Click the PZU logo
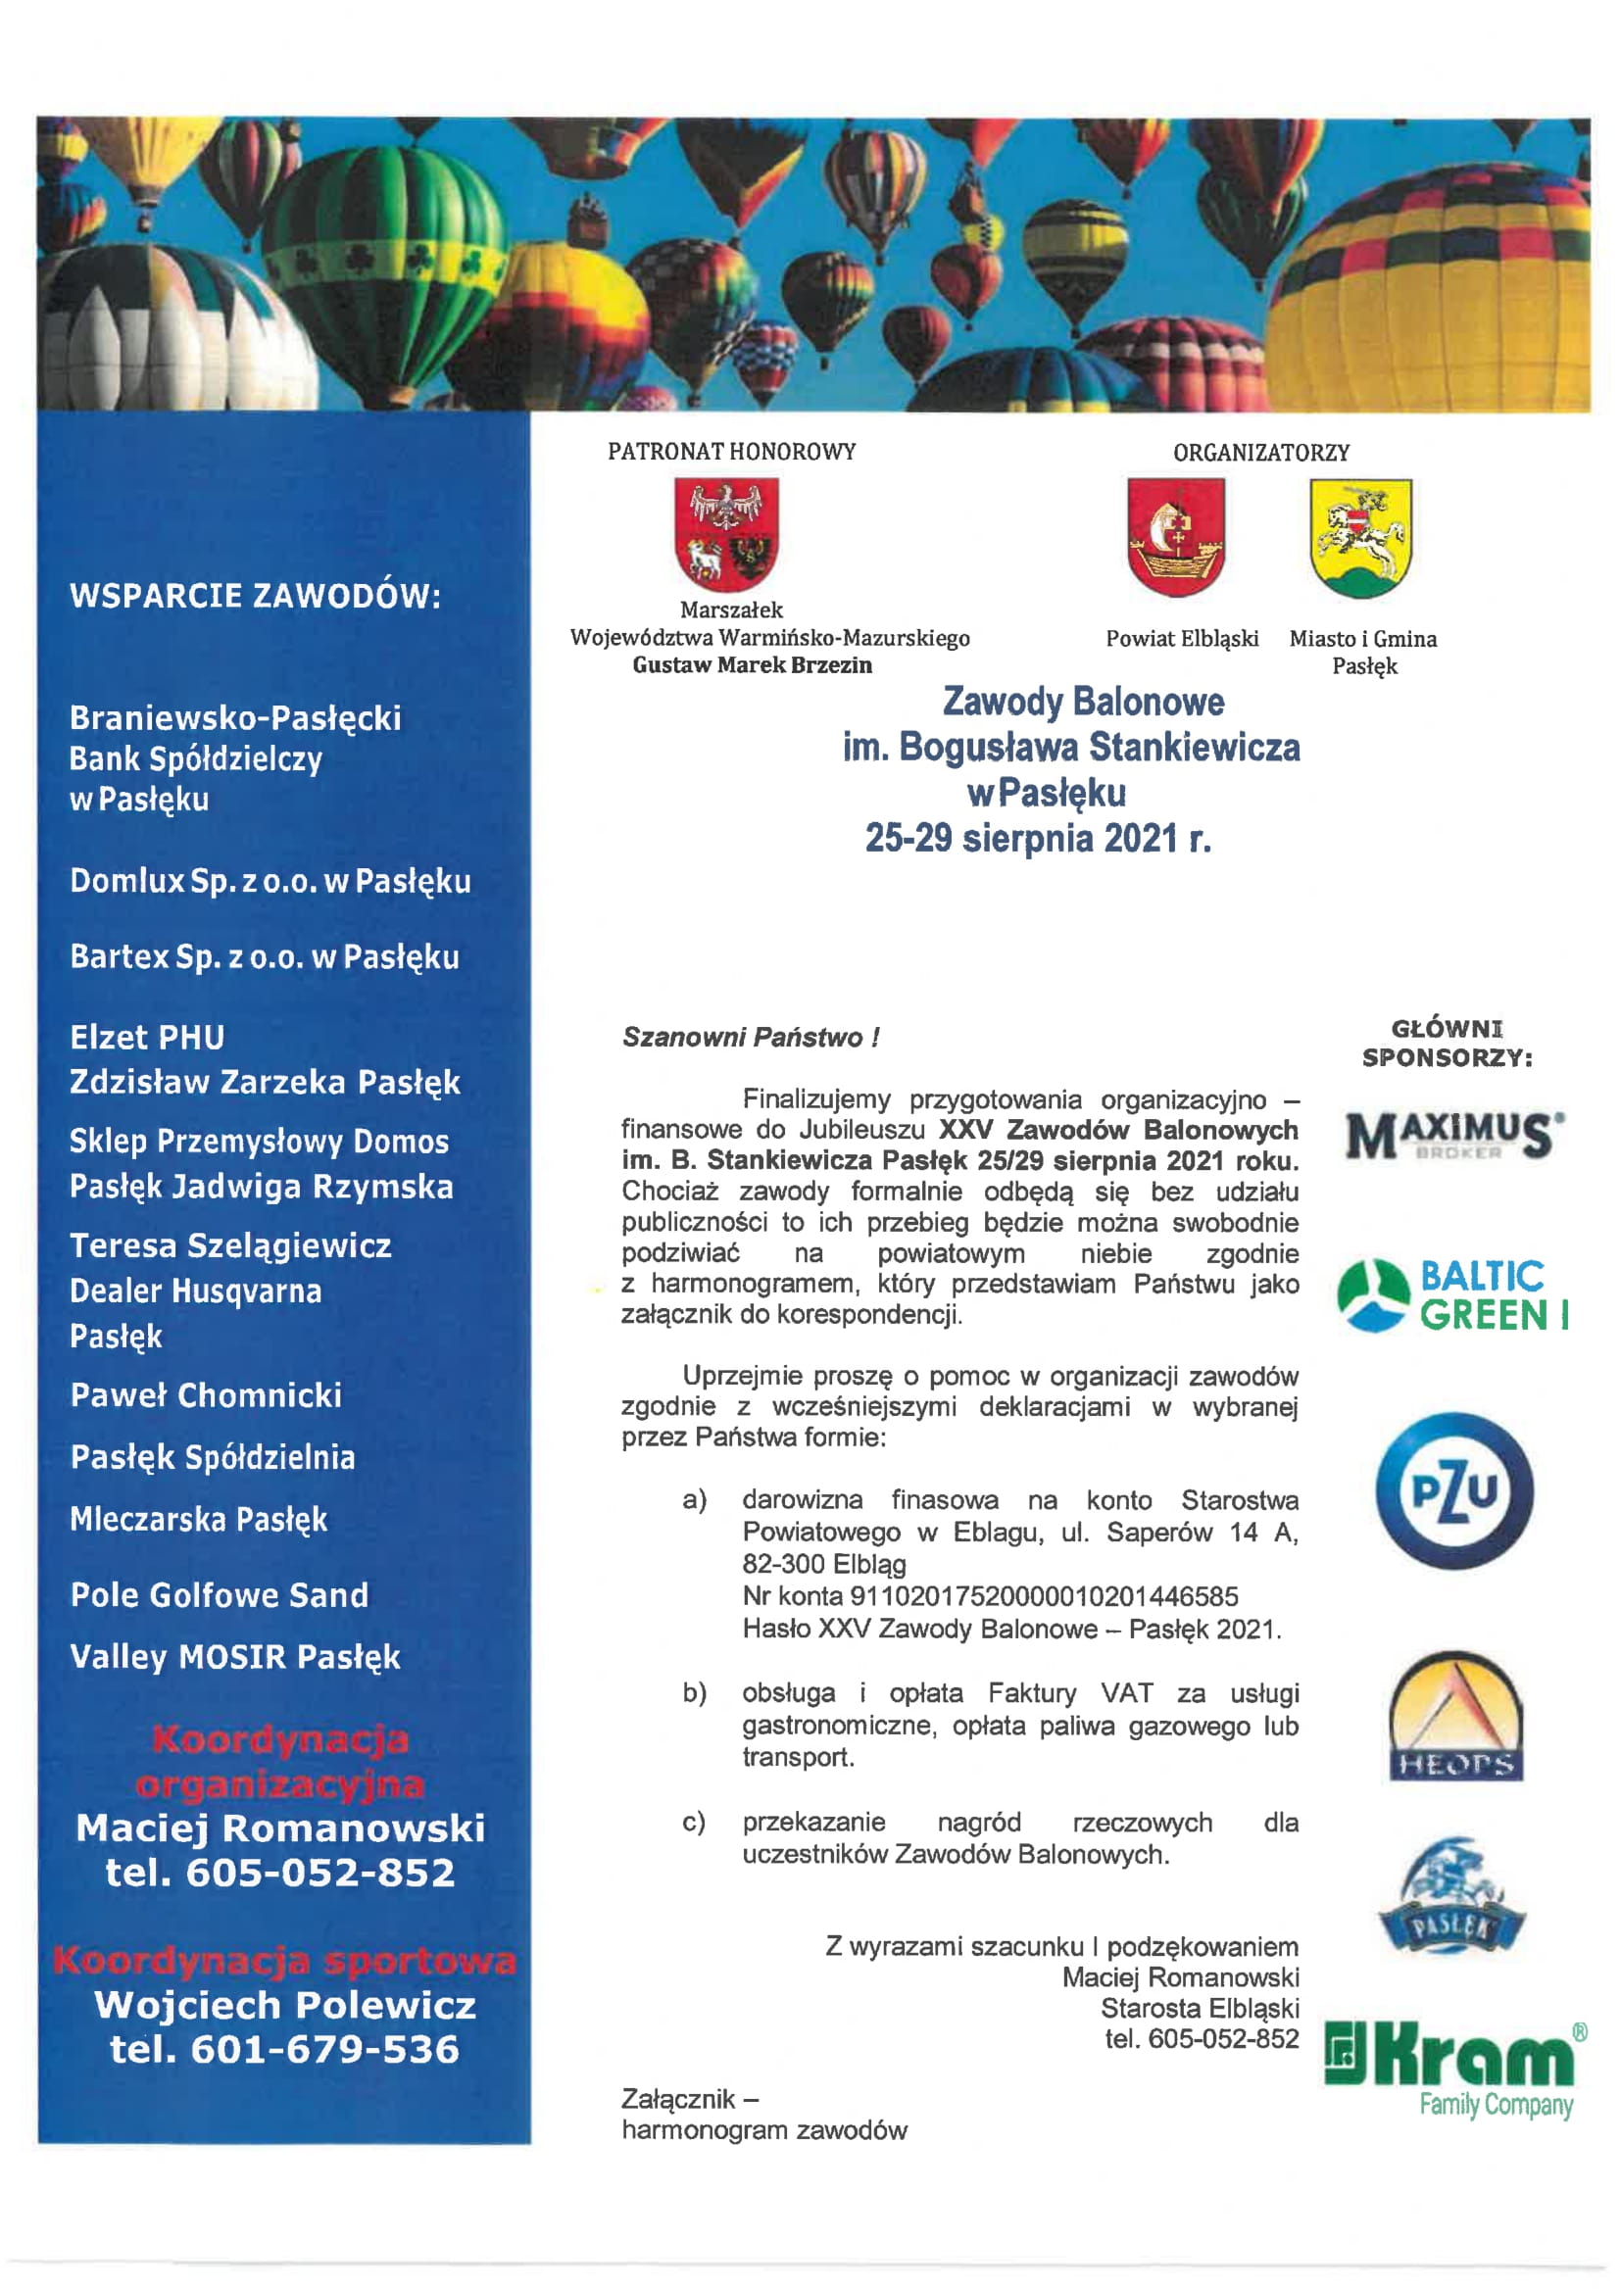(x=1453, y=1490)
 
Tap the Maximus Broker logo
(x=1453, y=1136)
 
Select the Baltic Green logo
(x=1452, y=1295)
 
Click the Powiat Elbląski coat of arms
(x=1175, y=537)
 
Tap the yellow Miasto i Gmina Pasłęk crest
(x=1360, y=537)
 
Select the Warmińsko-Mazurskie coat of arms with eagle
(x=726, y=535)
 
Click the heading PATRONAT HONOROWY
(x=731, y=452)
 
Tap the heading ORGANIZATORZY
(x=1261, y=453)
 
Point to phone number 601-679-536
(x=324, y=2050)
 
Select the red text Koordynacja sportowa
(x=284, y=1961)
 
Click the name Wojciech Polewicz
(x=284, y=2005)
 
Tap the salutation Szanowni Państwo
(x=750, y=1038)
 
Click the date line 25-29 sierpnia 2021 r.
(x=1038, y=838)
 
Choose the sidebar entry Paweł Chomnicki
(x=206, y=1395)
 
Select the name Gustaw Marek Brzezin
(x=752, y=665)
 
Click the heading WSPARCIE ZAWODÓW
(x=256, y=596)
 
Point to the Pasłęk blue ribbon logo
(x=1451, y=1897)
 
